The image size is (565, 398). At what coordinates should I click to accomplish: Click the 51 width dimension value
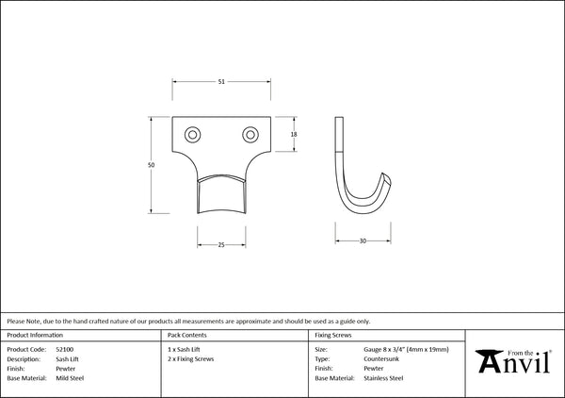point(221,82)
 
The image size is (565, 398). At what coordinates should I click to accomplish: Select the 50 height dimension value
point(151,165)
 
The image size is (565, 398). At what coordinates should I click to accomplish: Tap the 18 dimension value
point(294,134)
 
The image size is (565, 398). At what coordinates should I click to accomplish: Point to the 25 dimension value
point(221,245)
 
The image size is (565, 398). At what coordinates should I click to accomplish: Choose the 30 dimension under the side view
point(363,240)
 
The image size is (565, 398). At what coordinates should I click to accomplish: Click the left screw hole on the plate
point(192,135)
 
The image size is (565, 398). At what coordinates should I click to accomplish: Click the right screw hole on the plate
point(250,135)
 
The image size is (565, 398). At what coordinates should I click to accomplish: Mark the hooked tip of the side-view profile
point(387,176)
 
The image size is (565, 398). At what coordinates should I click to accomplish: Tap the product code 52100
point(64,349)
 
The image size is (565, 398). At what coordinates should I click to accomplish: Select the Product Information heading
point(35,335)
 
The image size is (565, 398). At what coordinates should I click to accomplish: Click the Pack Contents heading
point(187,335)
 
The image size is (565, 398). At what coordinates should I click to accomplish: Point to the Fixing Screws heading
point(333,335)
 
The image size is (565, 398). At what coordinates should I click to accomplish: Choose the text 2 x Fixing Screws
point(190,359)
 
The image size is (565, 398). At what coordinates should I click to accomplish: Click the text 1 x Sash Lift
point(184,349)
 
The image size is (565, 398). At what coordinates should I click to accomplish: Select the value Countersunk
point(381,359)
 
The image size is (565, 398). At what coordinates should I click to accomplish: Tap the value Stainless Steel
point(383,378)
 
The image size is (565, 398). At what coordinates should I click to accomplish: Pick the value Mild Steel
point(70,378)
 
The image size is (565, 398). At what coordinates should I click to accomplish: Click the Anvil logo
point(513,361)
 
